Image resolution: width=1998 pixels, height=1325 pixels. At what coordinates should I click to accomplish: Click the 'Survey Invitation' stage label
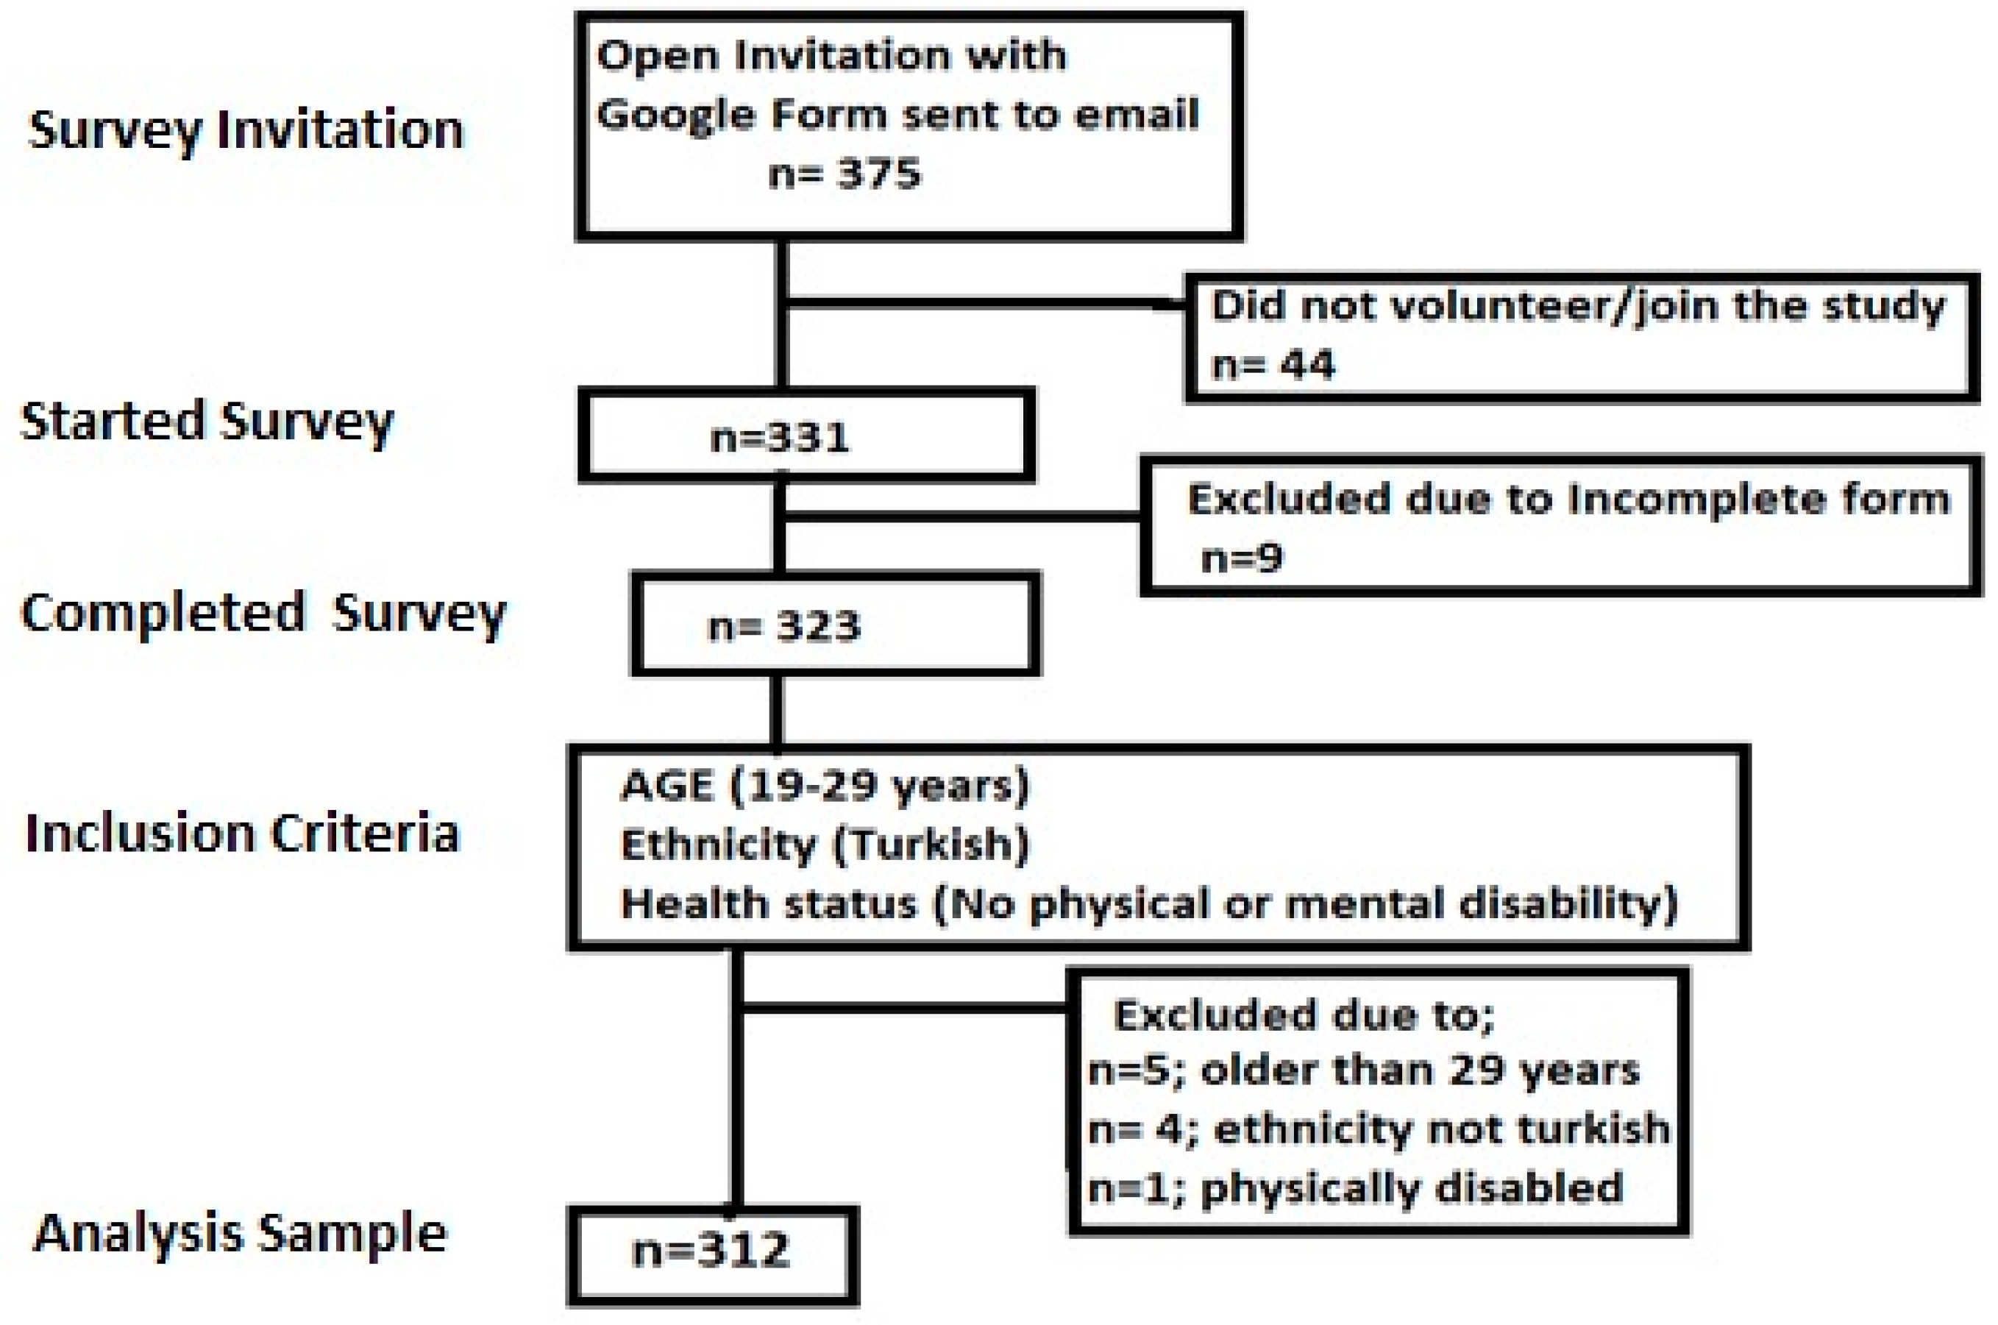click(x=246, y=130)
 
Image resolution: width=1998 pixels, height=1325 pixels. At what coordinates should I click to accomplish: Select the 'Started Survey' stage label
click(x=207, y=421)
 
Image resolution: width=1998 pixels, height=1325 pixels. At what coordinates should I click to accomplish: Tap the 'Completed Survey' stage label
click(x=263, y=614)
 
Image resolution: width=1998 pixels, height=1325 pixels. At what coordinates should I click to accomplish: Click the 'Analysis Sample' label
click(x=240, y=1233)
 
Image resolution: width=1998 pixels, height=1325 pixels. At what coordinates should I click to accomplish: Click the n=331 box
click(x=806, y=436)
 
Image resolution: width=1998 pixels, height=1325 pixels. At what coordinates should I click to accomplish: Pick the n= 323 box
click(x=835, y=625)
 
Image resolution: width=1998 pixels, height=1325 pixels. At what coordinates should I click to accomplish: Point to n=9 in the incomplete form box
click(x=1242, y=558)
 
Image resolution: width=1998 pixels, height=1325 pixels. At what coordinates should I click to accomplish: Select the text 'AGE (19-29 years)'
click(x=825, y=786)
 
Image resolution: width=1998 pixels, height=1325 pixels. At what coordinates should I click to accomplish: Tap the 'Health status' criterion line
click(x=1149, y=904)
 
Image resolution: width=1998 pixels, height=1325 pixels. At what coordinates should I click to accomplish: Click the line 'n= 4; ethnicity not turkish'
click(x=1379, y=1129)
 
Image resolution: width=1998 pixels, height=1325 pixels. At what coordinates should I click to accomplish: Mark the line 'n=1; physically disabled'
click(x=1355, y=1187)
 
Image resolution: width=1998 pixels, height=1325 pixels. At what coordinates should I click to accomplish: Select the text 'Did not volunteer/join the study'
click(x=1578, y=306)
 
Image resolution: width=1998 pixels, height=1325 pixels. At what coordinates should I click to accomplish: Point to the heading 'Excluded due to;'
click(x=1304, y=1014)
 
